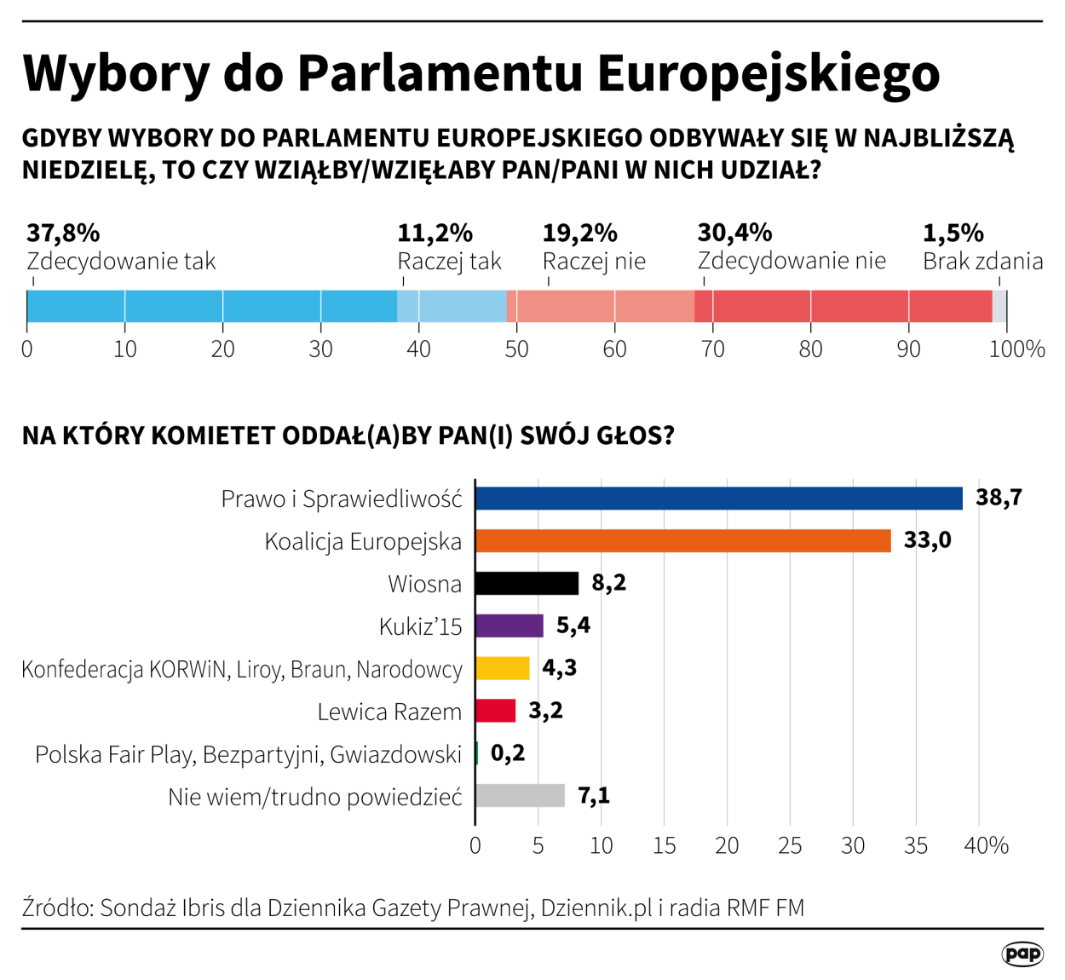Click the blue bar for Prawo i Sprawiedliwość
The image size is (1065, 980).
click(718, 499)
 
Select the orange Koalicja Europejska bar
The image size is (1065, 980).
click(682, 541)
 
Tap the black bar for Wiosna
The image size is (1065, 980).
click(527, 584)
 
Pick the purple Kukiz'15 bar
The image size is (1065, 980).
click(509, 625)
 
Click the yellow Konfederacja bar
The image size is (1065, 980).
click(502, 668)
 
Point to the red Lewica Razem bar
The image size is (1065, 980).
click(495, 711)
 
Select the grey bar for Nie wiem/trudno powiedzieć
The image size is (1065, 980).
click(520, 796)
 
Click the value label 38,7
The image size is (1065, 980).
click(999, 498)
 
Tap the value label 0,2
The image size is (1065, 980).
click(508, 753)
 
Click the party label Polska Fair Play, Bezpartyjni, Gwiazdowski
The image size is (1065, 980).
click(248, 754)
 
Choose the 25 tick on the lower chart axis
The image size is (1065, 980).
click(790, 845)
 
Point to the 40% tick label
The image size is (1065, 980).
click(987, 845)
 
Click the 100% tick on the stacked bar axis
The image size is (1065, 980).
click(1016, 349)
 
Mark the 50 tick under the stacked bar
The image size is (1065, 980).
click(516, 349)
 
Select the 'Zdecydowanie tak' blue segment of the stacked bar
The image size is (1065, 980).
click(211, 306)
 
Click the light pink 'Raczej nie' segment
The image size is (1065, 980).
click(601, 306)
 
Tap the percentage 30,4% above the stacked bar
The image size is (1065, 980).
click(734, 233)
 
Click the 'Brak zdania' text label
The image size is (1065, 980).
click(982, 261)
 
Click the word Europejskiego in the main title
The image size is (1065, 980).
click(769, 73)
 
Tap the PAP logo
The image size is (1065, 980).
click(1022, 954)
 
